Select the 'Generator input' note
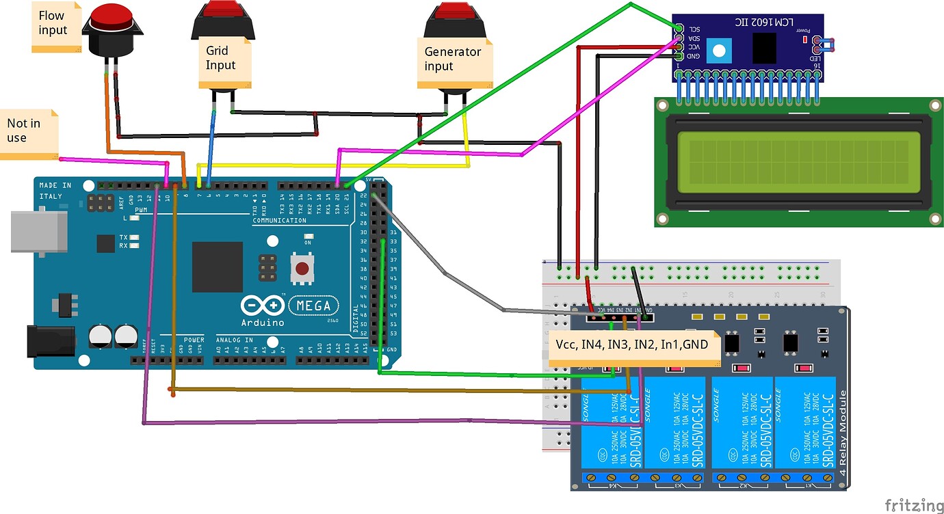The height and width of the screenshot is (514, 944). [x=454, y=62]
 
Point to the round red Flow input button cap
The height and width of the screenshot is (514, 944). [x=112, y=18]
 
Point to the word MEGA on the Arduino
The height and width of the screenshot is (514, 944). [x=314, y=306]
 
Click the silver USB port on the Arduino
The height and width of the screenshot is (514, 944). [x=39, y=232]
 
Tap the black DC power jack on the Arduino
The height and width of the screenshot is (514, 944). [x=51, y=341]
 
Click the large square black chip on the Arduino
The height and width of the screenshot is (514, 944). [x=217, y=267]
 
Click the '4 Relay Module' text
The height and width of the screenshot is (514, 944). [x=843, y=433]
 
